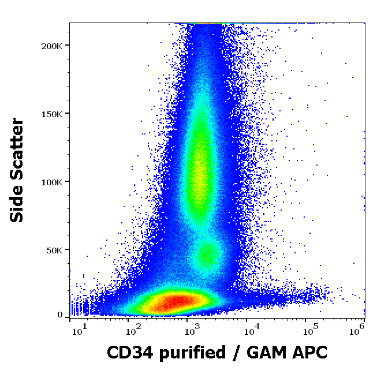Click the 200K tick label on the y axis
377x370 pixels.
pos(54,45)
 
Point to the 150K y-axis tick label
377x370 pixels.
pos(54,113)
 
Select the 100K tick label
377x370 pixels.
pos(54,181)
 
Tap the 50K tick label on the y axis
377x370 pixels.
pos(56,249)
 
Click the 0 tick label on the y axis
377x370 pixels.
pos(60,315)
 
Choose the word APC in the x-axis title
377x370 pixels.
pos(311,352)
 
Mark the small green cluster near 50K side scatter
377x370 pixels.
pos(207,255)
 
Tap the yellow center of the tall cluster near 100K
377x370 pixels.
pos(199,167)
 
